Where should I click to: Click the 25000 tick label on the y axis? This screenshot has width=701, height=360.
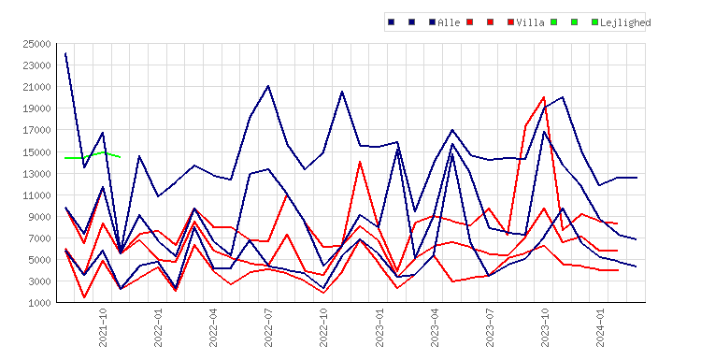pos(37,44)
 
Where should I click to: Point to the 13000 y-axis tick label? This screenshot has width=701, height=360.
pos(37,174)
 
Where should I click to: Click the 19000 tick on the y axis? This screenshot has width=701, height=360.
pos(37,109)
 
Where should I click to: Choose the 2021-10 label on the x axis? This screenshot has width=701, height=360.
pos(103,327)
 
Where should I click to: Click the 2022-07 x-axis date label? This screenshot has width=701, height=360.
pos(268,327)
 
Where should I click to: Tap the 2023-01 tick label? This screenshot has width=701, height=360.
pos(379,327)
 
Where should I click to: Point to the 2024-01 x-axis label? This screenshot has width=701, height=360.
pos(600,327)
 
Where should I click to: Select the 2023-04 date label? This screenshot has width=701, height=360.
pos(435,327)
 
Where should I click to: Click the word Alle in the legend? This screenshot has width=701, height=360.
pos(449,22)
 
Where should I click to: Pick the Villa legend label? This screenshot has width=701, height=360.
pos(531,22)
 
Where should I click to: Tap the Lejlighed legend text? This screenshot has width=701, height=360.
pos(625,22)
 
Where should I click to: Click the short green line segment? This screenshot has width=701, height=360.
pos(93,155)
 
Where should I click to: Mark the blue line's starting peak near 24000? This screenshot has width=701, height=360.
pos(65,53)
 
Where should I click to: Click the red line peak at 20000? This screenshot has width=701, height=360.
pos(544,97)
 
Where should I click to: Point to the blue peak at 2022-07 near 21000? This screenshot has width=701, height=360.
pos(268,86)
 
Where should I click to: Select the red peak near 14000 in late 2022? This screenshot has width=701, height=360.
pos(360,162)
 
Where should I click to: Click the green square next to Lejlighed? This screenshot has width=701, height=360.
pos(594,22)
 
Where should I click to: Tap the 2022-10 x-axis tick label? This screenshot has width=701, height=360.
pos(323,327)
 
